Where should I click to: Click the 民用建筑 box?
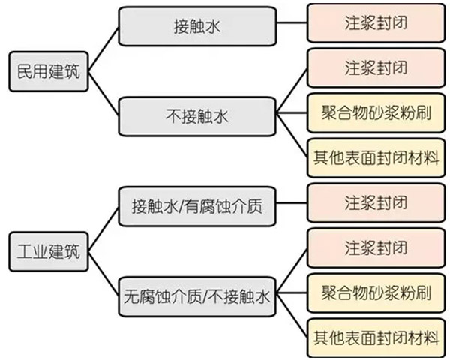tap(47, 73)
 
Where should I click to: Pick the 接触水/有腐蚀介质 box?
tap(197, 204)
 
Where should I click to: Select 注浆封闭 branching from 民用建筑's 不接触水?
tap(376, 70)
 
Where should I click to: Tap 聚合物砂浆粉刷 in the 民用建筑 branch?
tap(376, 115)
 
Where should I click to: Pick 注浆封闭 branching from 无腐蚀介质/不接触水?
tap(376, 248)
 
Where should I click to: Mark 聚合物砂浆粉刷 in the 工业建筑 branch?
tap(376, 292)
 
